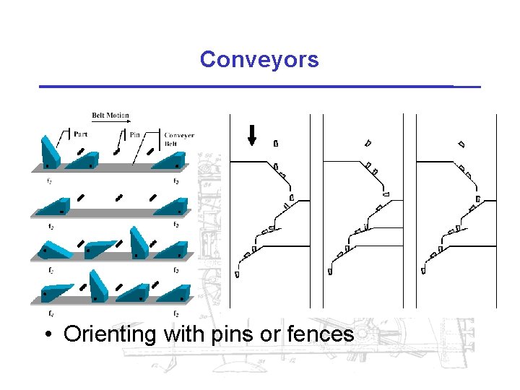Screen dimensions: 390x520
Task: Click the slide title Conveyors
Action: coord(259,59)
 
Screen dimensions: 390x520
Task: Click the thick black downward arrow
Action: coord(252,134)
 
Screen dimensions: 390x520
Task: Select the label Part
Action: coord(81,133)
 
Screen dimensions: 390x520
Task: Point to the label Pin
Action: coord(135,134)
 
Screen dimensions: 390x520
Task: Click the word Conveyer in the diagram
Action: coord(179,135)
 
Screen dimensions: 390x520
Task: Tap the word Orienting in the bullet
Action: coord(110,334)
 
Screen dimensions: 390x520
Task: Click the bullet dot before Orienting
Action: coord(46,335)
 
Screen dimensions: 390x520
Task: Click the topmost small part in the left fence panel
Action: coord(276,144)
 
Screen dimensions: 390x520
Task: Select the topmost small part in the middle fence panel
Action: coord(368,143)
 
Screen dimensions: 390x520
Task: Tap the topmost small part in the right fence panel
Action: coord(461,144)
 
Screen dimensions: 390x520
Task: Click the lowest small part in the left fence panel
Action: coord(237,274)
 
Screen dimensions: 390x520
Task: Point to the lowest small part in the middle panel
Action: coord(330,272)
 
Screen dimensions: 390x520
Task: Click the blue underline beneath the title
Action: coord(259,87)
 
